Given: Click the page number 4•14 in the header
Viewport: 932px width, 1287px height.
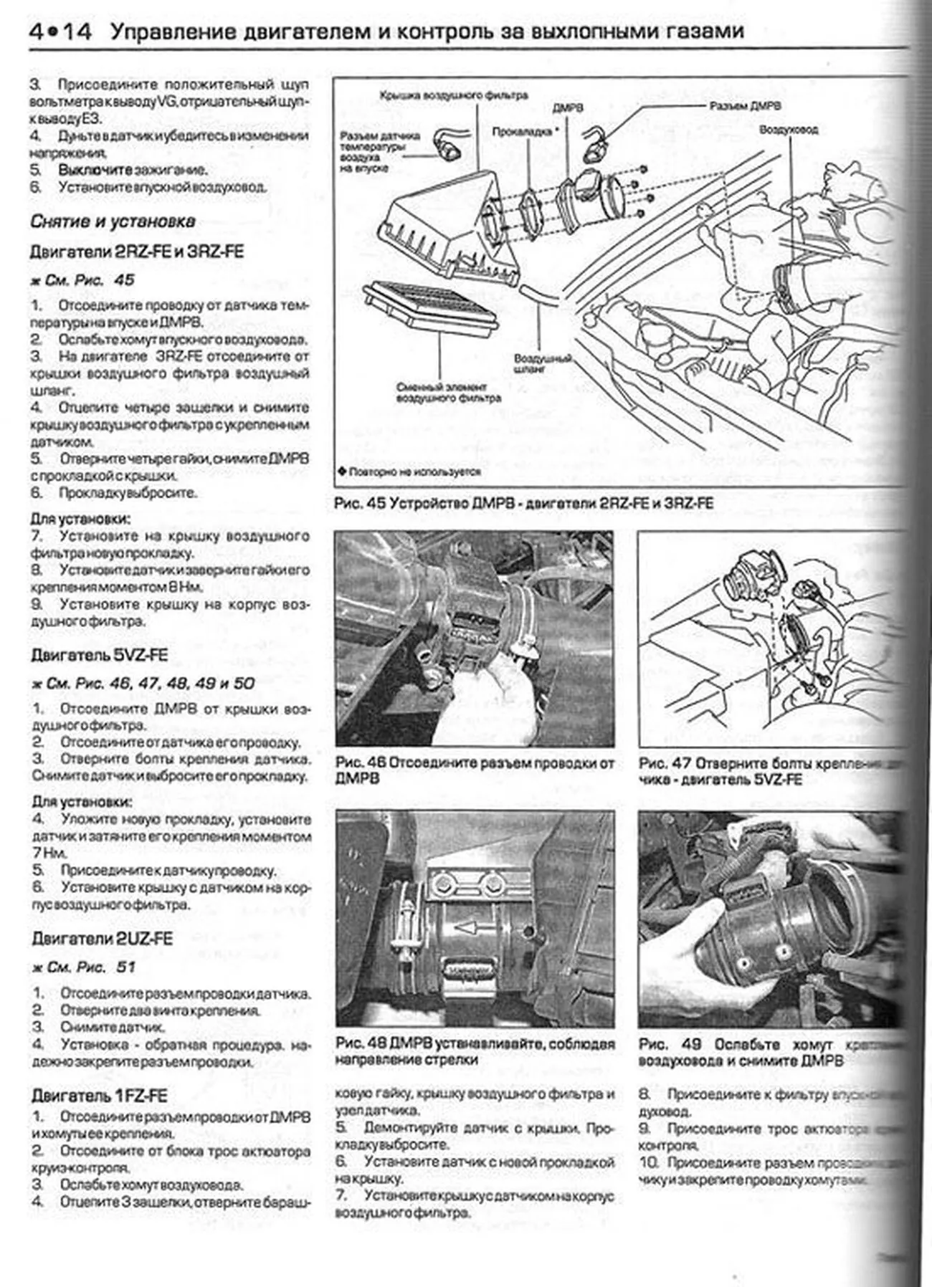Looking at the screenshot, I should coord(60,32).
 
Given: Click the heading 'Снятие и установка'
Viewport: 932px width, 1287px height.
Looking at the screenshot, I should coord(113,221).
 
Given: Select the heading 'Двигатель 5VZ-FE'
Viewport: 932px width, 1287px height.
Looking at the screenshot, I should coord(99,655).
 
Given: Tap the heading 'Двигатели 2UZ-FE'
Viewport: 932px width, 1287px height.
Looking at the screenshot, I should coord(102,939).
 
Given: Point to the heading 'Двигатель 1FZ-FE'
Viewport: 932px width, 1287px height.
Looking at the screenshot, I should coord(99,1096).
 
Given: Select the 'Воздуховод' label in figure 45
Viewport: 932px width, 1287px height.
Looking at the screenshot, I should coord(788,130).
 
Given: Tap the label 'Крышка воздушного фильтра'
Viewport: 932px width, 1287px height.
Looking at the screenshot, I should coord(453,95).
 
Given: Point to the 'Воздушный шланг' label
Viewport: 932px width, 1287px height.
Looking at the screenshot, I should coord(542,363).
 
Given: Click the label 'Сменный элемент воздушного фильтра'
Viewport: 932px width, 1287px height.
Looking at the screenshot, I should coord(448,392).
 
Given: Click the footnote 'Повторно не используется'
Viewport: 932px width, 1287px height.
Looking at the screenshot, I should coord(409,472).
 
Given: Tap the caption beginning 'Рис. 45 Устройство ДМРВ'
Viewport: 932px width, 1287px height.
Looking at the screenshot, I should coord(523,504).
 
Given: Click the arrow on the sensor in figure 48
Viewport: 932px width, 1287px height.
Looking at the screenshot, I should coord(467,928).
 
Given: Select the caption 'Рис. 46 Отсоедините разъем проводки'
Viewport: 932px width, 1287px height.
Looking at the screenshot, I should coord(474,770).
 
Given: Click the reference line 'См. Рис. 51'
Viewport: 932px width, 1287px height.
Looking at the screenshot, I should coord(84,967).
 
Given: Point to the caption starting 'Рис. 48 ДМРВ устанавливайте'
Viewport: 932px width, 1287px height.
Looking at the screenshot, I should coord(474,1052).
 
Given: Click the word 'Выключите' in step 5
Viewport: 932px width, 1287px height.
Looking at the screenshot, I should coord(95,170).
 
